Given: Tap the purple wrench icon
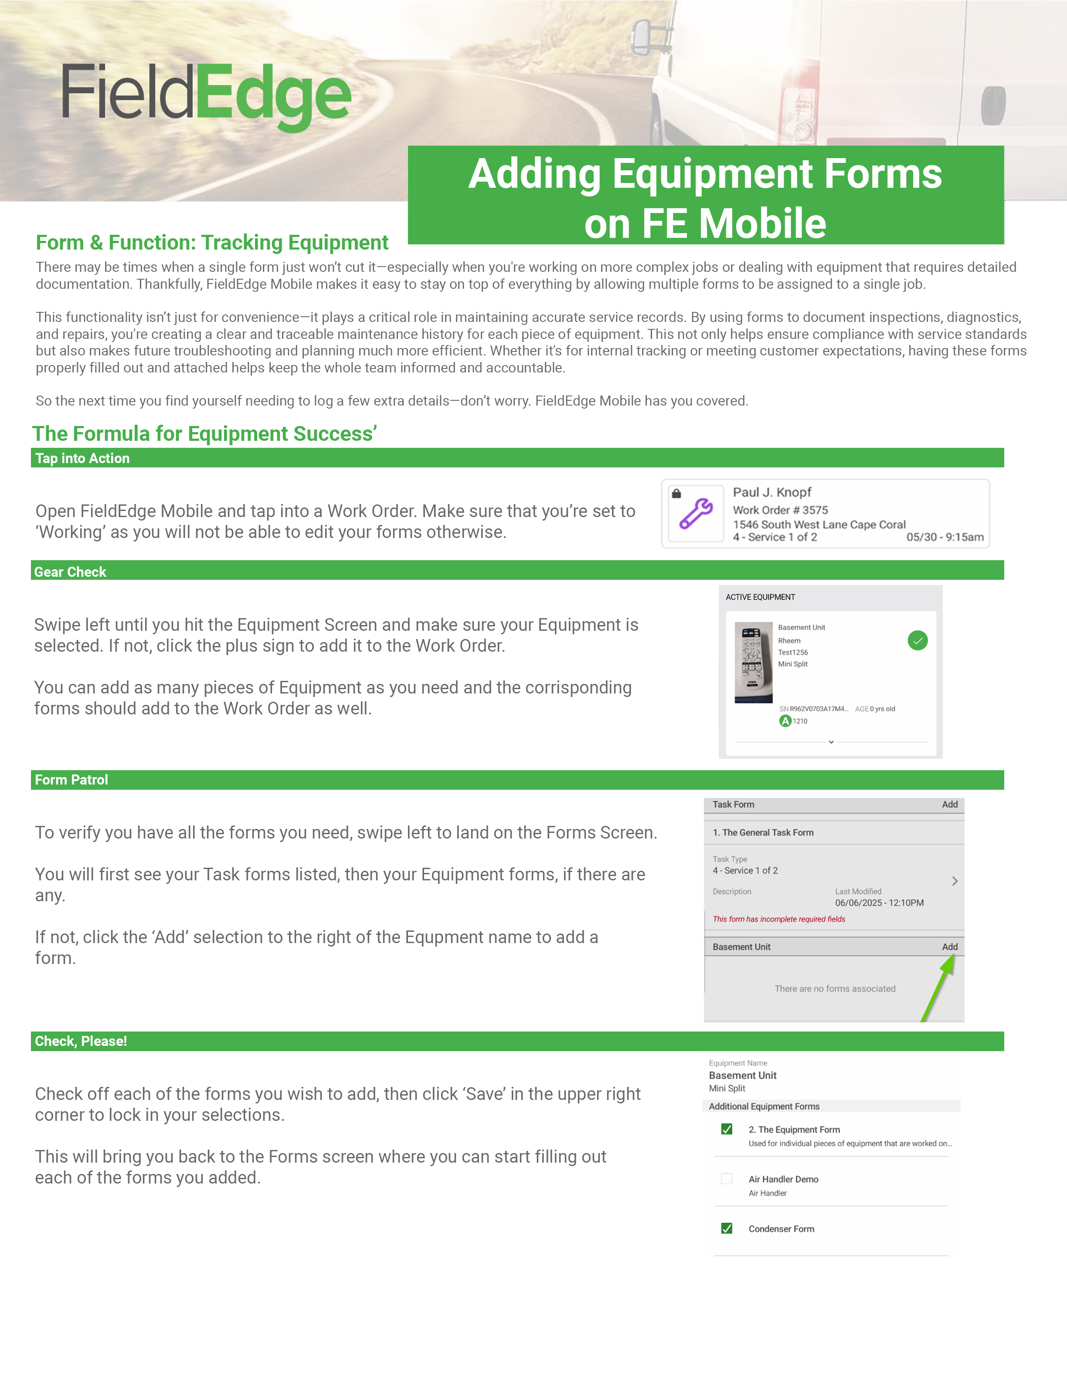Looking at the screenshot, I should pos(696,513).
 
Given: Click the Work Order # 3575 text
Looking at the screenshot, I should pos(780,510).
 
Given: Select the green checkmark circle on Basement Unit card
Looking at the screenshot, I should pos(917,641).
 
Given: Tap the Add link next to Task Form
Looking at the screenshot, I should pos(949,805).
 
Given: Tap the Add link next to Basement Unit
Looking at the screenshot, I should pos(949,947).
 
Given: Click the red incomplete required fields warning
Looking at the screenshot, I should pos(779,920).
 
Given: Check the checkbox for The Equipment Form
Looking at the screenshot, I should pos(727,1129).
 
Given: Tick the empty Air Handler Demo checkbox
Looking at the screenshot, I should pos(727,1178).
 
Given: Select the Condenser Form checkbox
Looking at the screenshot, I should pos(727,1228).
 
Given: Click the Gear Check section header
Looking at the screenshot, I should pos(70,572).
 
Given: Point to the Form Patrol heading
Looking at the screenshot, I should pos(71,780).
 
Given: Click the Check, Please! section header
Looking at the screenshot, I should pos(81,1042).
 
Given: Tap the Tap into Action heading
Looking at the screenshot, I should pos(82,459).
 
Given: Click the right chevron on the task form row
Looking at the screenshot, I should pos(955,881).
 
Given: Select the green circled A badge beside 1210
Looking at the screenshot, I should pos(785,721).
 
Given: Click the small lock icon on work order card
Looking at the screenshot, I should pos(676,494).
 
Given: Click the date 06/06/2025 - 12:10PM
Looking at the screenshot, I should pos(879,903).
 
